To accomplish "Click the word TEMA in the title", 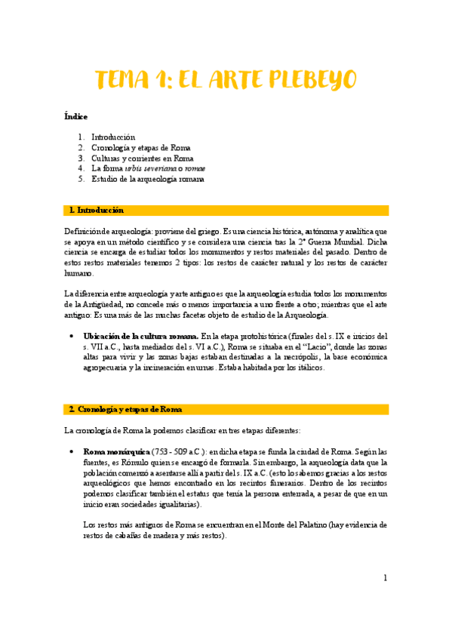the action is coord(128,80).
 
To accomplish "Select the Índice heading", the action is coord(75,116).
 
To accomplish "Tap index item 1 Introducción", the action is coord(112,137).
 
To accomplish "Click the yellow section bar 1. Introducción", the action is coord(226,210).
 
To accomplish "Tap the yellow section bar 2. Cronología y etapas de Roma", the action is coord(226,409).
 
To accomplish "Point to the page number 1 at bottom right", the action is coord(385,578).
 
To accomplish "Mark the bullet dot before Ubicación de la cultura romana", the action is coord(70,336).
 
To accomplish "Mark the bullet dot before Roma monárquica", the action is coord(70,452).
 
